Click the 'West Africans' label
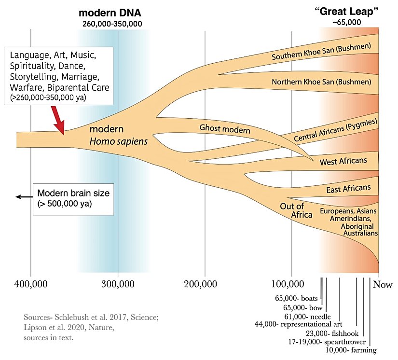click(343, 161)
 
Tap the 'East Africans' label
click(348, 189)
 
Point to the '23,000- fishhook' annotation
click(330, 333)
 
